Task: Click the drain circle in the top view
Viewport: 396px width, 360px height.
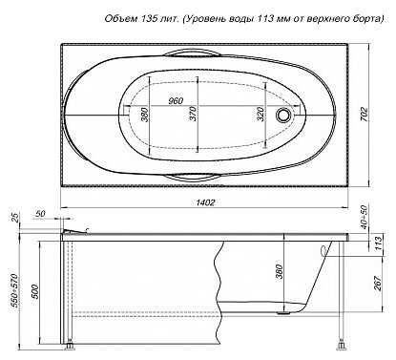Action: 282,115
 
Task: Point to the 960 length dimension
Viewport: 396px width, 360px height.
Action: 176,101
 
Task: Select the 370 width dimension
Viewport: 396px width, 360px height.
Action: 193,114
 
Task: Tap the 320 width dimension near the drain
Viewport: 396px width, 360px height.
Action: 261,114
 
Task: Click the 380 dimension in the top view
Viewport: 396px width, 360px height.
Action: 144,115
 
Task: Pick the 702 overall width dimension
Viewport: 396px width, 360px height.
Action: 365,115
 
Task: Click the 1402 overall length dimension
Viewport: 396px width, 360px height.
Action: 205,202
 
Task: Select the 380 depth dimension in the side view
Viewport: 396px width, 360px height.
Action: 279,271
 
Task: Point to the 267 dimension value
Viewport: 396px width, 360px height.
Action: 378,283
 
